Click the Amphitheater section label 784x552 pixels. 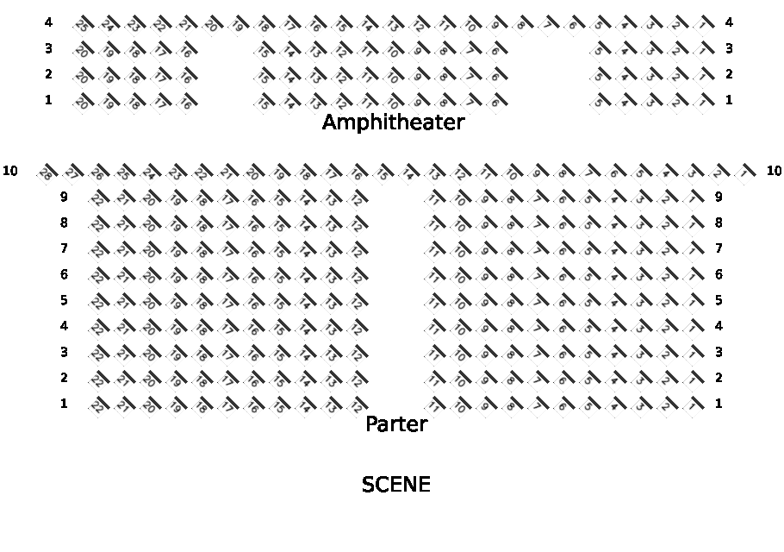click(393, 122)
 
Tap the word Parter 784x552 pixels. click(396, 424)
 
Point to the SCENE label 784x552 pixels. click(396, 485)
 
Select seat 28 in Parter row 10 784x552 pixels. click(46, 172)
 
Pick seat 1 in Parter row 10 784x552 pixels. click(745, 172)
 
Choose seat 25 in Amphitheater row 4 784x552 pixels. click(83, 24)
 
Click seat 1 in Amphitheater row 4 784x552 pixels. click(706, 24)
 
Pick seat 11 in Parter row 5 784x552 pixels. click(436, 303)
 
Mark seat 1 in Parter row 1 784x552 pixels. click(694, 405)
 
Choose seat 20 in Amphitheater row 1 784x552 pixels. click(83, 103)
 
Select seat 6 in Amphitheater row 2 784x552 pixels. click(495, 77)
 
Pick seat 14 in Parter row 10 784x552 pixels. click(411, 172)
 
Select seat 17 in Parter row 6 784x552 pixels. click(227, 277)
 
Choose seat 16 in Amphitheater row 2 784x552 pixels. click(186, 77)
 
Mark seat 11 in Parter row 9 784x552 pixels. click(436, 199)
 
